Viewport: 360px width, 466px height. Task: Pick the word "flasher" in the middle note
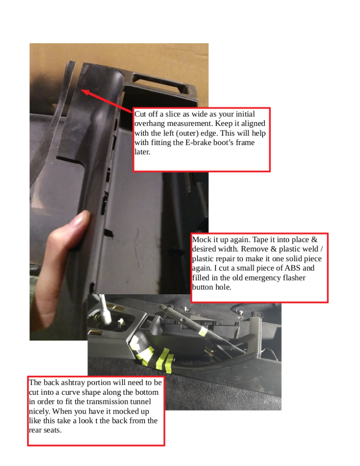point(294,277)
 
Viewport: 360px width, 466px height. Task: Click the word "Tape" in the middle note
point(260,240)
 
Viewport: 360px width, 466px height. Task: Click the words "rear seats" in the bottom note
point(45,430)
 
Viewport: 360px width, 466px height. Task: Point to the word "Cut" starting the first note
point(140,114)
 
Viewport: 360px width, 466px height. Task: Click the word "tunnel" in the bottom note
point(141,402)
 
